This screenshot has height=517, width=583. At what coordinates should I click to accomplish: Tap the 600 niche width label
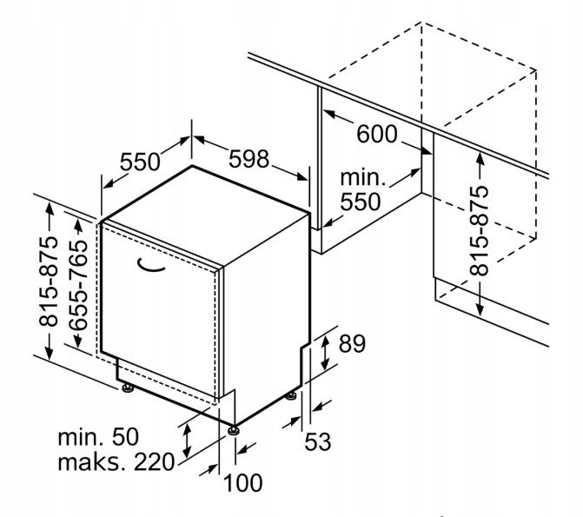point(377,134)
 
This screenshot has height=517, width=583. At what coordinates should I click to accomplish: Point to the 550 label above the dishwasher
point(140,162)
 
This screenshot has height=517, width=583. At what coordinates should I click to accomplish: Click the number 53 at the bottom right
point(318,441)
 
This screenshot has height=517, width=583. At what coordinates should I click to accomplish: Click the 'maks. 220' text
point(116,461)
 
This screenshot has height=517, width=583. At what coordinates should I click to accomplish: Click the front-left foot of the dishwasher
point(129,388)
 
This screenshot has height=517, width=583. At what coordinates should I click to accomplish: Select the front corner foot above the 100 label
point(234,428)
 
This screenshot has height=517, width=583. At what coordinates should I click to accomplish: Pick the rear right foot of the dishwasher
point(290,397)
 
